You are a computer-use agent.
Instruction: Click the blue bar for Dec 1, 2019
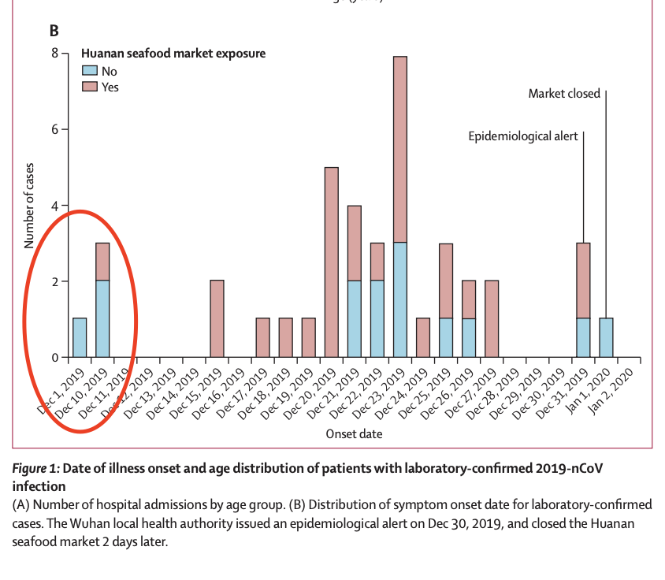(x=80, y=337)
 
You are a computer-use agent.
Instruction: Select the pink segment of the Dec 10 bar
(x=102, y=262)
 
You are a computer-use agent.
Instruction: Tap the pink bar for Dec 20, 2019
(x=331, y=262)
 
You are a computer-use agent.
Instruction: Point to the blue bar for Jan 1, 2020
(x=606, y=337)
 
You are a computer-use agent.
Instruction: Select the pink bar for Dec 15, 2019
(x=217, y=318)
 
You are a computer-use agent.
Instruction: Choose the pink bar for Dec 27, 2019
(x=492, y=318)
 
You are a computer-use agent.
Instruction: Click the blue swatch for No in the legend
(x=91, y=71)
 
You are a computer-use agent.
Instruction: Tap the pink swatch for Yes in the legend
(x=91, y=87)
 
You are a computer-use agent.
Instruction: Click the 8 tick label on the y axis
(x=54, y=54)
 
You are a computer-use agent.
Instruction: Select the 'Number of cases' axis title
(x=28, y=205)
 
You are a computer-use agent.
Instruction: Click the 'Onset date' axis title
(x=354, y=433)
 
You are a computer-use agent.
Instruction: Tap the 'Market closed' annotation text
(x=564, y=94)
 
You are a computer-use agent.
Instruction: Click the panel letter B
(x=54, y=32)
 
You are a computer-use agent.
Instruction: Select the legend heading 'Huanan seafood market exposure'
(x=173, y=54)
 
